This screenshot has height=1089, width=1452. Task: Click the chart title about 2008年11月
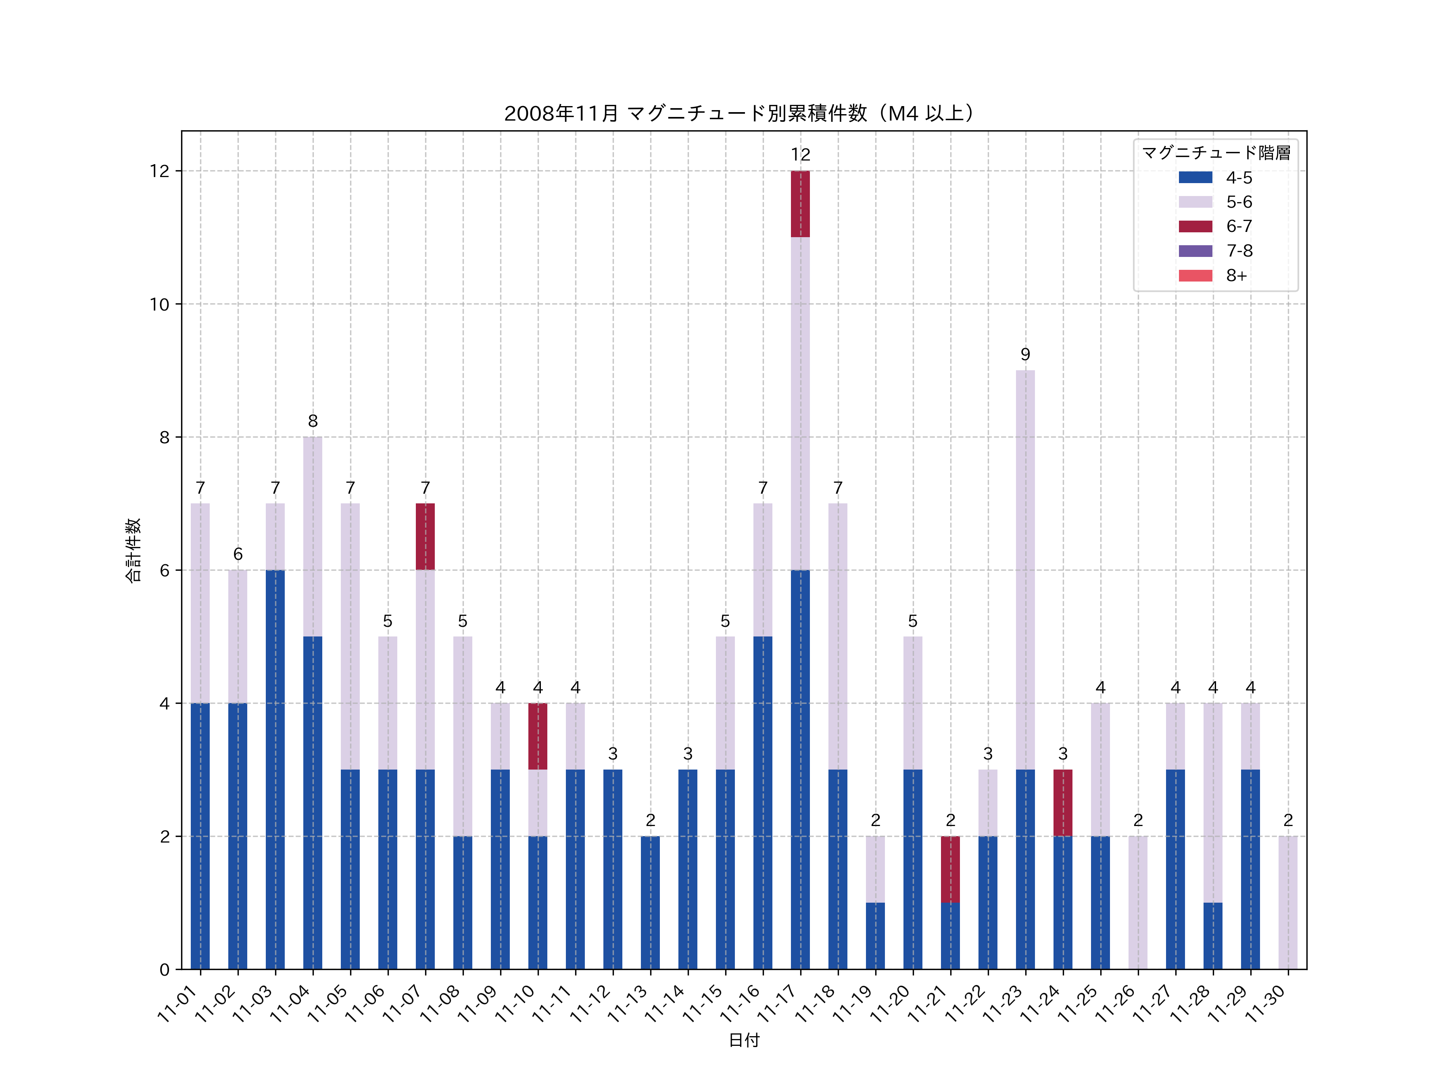click(x=739, y=114)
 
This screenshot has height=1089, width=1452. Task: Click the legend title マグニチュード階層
click(x=1216, y=153)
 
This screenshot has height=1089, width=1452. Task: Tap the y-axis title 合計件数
click(x=133, y=550)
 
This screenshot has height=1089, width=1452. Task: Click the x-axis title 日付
click(x=744, y=1041)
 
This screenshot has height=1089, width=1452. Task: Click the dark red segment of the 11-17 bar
click(x=800, y=204)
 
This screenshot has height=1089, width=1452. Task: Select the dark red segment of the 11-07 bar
click(x=426, y=536)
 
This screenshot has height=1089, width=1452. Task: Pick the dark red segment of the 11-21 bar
click(x=950, y=869)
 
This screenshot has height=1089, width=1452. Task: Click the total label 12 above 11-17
click(x=800, y=155)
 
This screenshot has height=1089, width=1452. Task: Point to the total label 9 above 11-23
click(x=1025, y=355)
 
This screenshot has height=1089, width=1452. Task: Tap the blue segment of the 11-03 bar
click(x=275, y=769)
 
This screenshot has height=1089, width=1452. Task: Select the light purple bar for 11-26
click(x=1137, y=903)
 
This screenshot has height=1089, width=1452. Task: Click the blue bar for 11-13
click(x=650, y=903)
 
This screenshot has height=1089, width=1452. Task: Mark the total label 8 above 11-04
click(x=313, y=421)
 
